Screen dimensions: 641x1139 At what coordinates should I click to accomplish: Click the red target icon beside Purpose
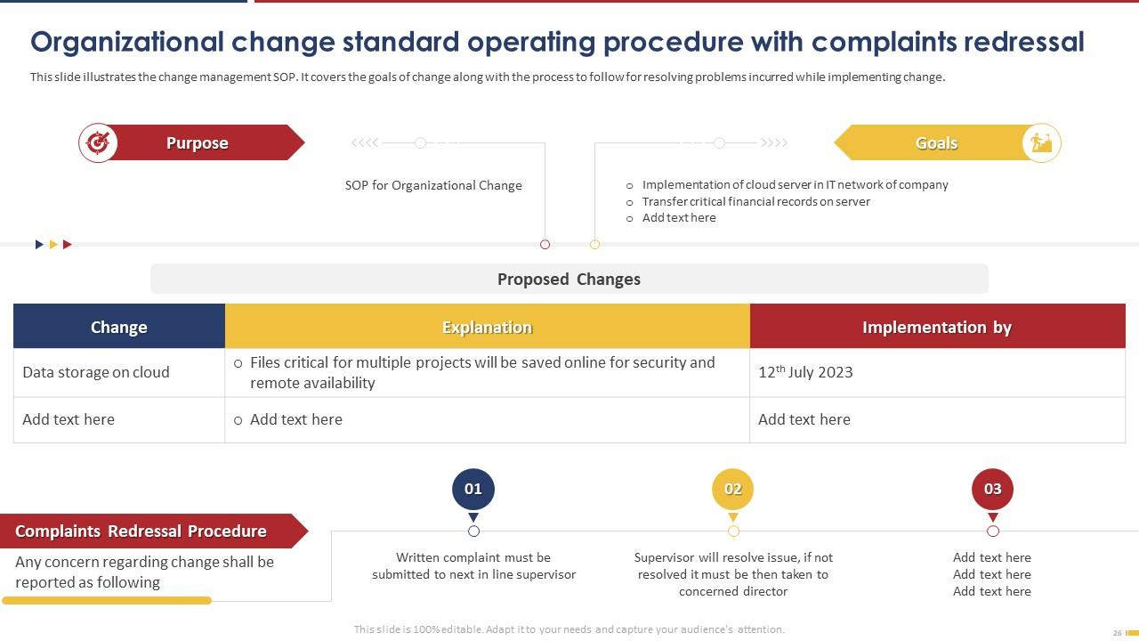pyautogui.click(x=98, y=142)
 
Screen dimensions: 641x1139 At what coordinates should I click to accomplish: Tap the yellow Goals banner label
pyautogui.click(x=936, y=143)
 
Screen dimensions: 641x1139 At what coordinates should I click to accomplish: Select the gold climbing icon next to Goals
pyautogui.click(x=1041, y=142)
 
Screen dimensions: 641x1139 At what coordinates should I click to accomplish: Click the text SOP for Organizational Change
pyautogui.click(x=433, y=185)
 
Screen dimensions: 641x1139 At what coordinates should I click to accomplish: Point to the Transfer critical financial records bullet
pyautogui.click(x=755, y=201)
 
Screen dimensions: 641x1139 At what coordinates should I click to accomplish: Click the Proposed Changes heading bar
pyautogui.click(x=569, y=279)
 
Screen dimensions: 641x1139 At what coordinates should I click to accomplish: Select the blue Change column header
pyautogui.click(x=119, y=327)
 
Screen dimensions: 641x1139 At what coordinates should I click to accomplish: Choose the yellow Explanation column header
pyautogui.click(x=487, y=327)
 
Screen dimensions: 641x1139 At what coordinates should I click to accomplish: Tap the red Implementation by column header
pyautogui.click(x=936, y=327)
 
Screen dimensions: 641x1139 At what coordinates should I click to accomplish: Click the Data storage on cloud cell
pyautogui.click(x=96, y=372)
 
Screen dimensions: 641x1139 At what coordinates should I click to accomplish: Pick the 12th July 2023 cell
pyautogui.click(x=805, y=372)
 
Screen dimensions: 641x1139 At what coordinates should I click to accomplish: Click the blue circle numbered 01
pyautogui.click(x=473, y=489)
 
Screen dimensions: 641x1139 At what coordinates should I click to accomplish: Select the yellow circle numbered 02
pyautogui.click(x=733, y=489)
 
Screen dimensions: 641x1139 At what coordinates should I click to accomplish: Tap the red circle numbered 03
pyautogui.click(x=992, y=489)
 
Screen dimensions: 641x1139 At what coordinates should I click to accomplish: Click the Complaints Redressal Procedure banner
pyautogui.click(x=141, y=531)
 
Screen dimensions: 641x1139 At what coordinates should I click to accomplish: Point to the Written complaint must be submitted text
pyautogui.click(x=473, y=566)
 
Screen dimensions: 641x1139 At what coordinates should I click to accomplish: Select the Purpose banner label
pyautogui.click(x=198, y=143)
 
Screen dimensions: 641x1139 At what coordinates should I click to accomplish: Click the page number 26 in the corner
pyautogui.click(x=1118, y=633)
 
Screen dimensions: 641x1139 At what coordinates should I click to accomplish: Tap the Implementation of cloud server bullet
pyautogui.click(x=795, y=184)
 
